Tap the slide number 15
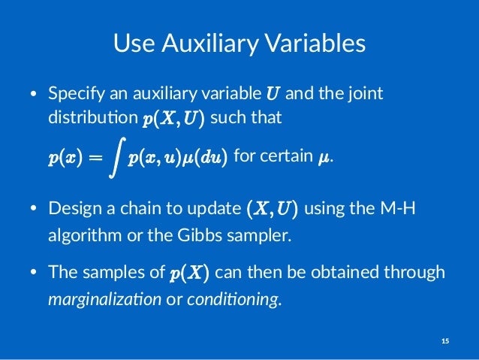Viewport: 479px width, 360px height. point(444,342)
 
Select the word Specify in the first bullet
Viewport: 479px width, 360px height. point(74,95)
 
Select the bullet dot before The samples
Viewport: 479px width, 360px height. point(33,273)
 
